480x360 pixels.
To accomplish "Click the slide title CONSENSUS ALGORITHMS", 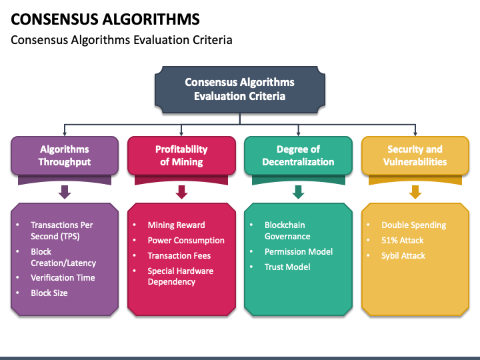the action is point(105,19).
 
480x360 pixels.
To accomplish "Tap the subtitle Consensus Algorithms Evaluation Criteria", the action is point(121,40).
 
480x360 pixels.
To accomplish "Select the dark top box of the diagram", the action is point(240,90).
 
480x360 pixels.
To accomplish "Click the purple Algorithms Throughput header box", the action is point(65,155).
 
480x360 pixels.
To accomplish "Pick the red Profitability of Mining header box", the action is point(181,155).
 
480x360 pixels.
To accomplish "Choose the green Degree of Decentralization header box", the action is point(298,155).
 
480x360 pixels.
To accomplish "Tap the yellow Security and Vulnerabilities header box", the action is point(415,155).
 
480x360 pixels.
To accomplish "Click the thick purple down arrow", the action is point(65,192).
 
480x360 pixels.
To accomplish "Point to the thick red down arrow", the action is point(181,192).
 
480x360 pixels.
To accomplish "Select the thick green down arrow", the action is point(298,192).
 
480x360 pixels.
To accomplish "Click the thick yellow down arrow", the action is point(415,192).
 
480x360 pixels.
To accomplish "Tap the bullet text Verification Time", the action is point(63,277).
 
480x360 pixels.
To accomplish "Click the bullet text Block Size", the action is point(49,293).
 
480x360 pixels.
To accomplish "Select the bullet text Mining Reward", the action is point(176,225).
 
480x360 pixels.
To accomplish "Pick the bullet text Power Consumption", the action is point(186,240).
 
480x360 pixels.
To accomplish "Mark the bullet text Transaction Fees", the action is point(179,255).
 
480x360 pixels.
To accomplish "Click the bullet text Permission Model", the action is point(299,251).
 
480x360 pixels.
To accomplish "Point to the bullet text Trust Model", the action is point(287,267).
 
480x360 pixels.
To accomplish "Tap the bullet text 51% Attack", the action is point(402,240).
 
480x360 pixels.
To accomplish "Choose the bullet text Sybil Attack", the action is point(403,255).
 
